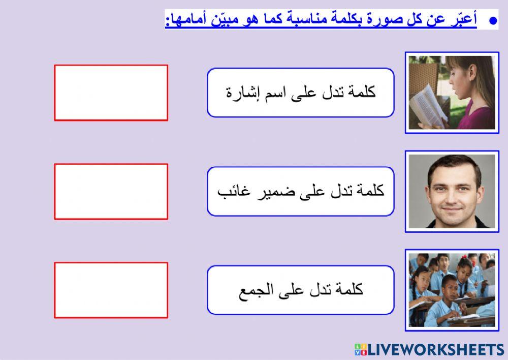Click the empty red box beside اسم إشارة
point(111,93)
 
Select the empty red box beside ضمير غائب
point(111,191)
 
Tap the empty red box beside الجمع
point(111,290)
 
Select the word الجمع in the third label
point(257,291)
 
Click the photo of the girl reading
point(452,93)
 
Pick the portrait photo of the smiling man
point(452,191)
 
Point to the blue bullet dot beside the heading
point(492,21)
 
